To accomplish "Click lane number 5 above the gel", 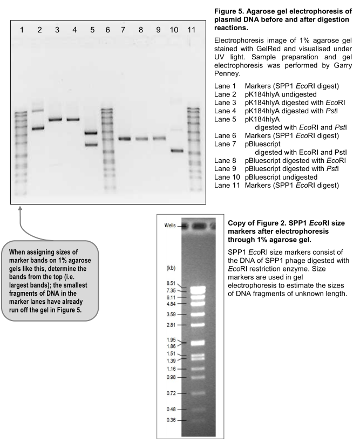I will tap(92, 29).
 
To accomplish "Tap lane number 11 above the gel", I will tap(191, 29).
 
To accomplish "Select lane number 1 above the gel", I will tap(22, 29).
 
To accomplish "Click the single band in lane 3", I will tap(57, 119).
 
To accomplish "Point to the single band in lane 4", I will tap(74, 119).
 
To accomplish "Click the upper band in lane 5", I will tap(91, 133).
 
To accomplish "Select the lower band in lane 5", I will tap(91, 144).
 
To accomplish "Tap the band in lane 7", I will tap(125, 139).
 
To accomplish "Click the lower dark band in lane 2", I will tap(38, 128).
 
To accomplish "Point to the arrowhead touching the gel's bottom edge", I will tap(21, 208).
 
